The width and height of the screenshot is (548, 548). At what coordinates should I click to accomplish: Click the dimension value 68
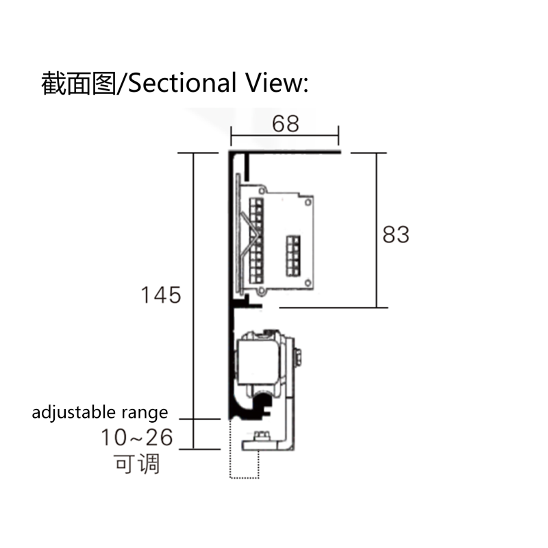pyautogui.click(x=285, y=124)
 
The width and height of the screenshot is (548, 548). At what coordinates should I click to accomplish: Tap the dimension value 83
pyautogui.click(x=396, y=234)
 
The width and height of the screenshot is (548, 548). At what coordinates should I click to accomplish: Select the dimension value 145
pyautogui.click(x=161, y=295)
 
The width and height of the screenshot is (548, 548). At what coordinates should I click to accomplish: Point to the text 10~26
pyautogui.click(x=136, y=437)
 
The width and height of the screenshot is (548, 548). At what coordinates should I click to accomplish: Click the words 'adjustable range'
pyautogui.click(x=100, y=412)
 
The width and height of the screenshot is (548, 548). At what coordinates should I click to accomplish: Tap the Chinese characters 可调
pyautogui.click(x=136, y=464)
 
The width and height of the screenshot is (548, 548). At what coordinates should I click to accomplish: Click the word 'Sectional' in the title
pyautogui.click(x=182, y=83)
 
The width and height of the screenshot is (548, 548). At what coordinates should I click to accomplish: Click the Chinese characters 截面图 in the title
pyautogui.click(x=78, y=83)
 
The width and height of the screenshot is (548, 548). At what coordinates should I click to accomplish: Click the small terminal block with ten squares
pyautogui.click(x=293, y=256)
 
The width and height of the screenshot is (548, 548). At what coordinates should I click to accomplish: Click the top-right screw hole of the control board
pyautogui.click(x=308, y=202)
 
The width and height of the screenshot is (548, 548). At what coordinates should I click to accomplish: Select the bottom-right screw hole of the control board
pyautogui.click(x=308, y=283)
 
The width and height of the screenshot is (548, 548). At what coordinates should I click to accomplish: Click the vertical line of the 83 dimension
pyautogui.click(x=377, y=230)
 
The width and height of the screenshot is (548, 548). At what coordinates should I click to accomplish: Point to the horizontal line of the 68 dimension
pyautogui.click(x=284, y=135)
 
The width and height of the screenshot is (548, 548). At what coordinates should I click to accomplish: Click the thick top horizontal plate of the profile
pyautogui.click(x=285, y=151)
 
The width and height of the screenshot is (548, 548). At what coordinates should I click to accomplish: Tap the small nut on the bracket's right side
pyautogui.click(x=298, y=357)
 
